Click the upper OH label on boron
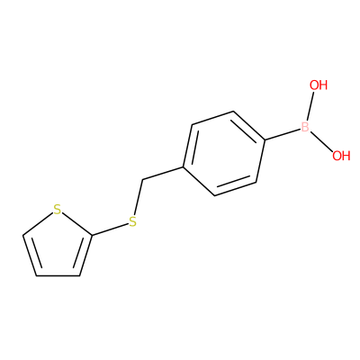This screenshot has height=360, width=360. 319,85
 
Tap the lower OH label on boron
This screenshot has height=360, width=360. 341,156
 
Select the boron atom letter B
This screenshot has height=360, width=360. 305,127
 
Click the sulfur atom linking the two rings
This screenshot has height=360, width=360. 132,221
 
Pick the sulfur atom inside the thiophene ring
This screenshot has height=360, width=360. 57,210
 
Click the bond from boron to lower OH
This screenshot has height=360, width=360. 321,141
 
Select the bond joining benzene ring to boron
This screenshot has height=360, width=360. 283,134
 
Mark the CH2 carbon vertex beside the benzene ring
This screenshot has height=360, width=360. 142,180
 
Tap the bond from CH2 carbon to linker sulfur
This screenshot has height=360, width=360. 138,197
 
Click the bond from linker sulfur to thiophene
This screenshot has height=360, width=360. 110,229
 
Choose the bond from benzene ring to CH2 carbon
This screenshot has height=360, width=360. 163,174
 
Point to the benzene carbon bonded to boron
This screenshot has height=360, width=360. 265,139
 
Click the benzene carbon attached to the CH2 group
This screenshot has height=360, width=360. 184,166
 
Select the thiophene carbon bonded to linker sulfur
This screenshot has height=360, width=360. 92,235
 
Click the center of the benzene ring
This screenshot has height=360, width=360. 224,153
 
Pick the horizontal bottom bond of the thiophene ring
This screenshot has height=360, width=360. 58,275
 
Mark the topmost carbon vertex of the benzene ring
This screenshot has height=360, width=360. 233,112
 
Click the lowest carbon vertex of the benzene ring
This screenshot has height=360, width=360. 215,195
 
